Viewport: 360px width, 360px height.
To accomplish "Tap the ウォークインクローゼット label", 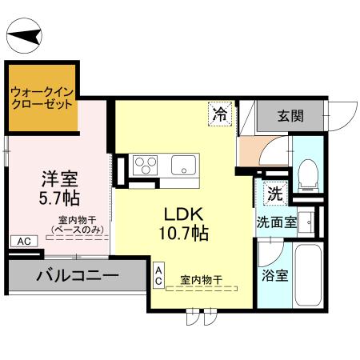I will (x=42, y=97).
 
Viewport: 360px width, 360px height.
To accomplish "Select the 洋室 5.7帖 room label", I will (x=61, y=186).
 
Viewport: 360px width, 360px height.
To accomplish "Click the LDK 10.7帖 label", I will (x=186, y=225).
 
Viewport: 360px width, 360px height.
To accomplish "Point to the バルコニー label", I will (x=78, y=277).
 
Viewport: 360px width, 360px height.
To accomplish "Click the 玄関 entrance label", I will (x=290, y=115).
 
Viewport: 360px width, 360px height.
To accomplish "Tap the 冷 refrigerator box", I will (x=218, y=114).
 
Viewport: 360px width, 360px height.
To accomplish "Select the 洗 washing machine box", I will (x=274, y=193).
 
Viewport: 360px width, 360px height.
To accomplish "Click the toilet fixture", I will (x=308, y=171).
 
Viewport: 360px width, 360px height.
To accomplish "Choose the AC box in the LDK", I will (x=159, y=276).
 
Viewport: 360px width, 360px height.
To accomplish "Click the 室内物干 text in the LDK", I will (x=202, y=279).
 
